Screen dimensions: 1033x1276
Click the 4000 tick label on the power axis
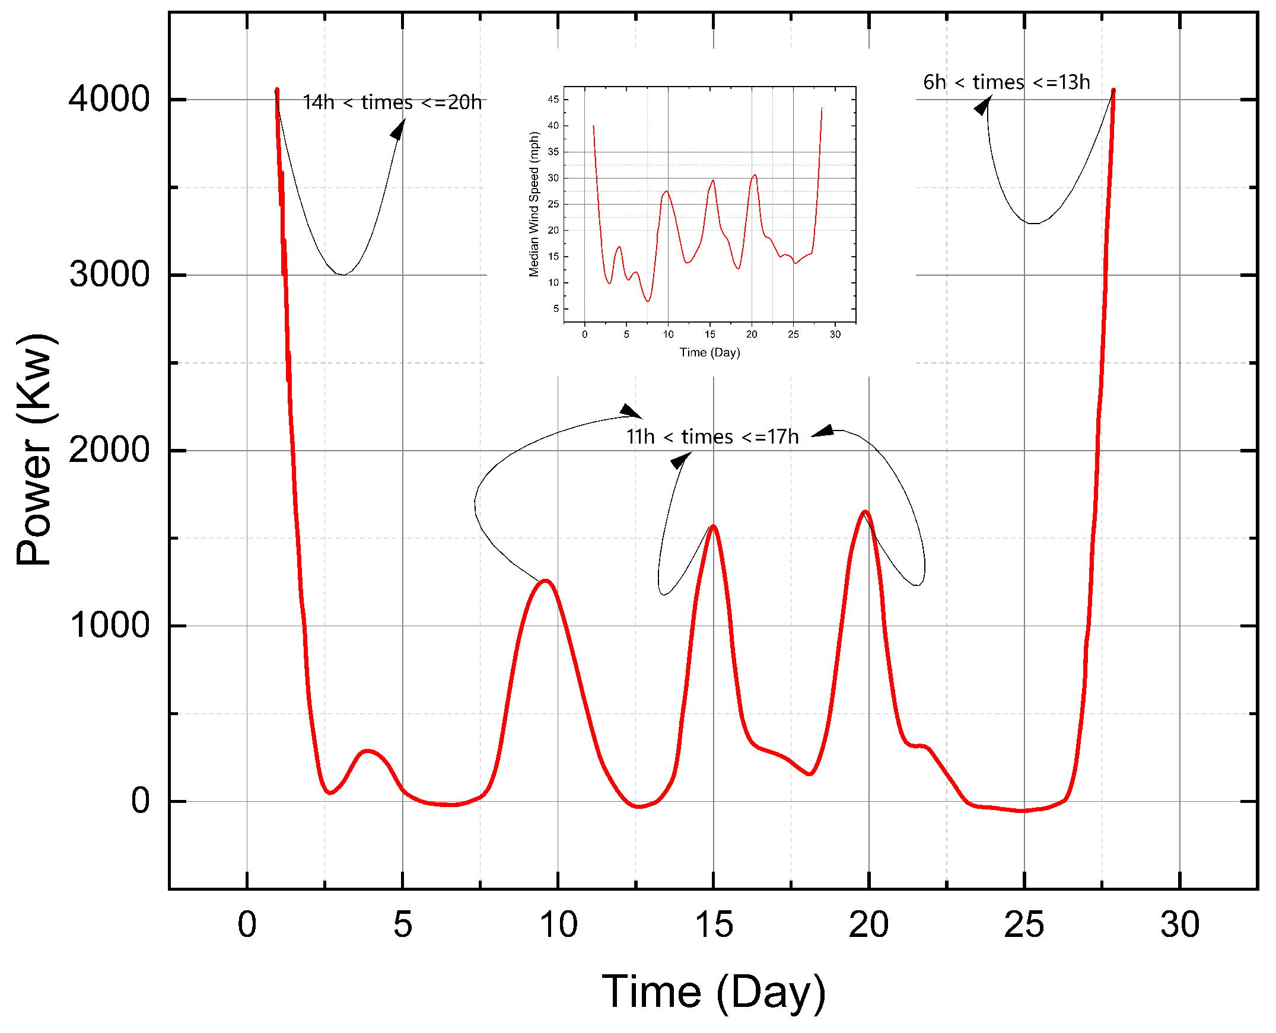pyautogui.click(x=109, y=99)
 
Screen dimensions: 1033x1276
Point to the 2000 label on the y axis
pyautogui.click(x=109, y=450)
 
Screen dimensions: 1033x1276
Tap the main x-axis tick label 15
pyautogui.click(x=714, y=924)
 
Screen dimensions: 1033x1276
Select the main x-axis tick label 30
pyautogui.click(x=1179, y=924)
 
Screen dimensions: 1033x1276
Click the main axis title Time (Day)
pyautogui.click(x=714, y=992)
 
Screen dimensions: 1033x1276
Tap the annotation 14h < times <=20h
pyautogui.click(x=392, y=103)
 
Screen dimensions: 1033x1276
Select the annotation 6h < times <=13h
pyautogui.click(x=1007, y=82)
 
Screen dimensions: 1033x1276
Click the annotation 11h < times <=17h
pyautogui.click(x=712, y=437)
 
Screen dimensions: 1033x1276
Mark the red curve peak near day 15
pyautogui.click(x=713, y=526)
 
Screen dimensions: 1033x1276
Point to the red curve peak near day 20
pyautogui.click(x=865, y=512)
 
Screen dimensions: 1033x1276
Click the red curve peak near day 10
pyautogui.click(x=546, y=581)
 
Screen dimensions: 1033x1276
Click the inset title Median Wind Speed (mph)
pyautogui.click(x=533, y=204)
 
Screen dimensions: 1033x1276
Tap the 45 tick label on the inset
pyautogui.click(x=553, y=100)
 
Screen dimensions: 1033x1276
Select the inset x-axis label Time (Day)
pyautogui.click(x=709, y=352)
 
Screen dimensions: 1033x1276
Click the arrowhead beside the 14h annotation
pyautogui.click(x=398, y=130)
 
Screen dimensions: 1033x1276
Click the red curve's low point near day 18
pyautogui.click(x=809, y=773)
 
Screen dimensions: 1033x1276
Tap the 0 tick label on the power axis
pyautogui.click(x=141, y=801)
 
